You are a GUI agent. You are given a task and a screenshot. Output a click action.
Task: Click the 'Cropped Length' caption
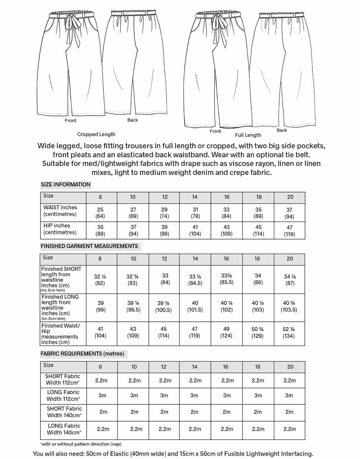coord(96,135)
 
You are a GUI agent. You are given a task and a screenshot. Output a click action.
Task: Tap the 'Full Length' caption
coord(248,135)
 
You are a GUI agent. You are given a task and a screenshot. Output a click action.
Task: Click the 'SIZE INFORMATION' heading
coord(66,185)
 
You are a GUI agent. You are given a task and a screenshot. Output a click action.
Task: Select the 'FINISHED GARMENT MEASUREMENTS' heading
coord(89,246)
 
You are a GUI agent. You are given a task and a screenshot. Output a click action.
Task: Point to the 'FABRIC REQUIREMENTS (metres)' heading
coord(82,354)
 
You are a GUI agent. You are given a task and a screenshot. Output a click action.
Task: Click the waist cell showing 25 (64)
coord(100,213)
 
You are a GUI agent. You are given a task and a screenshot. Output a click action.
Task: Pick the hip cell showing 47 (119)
coord(289,231)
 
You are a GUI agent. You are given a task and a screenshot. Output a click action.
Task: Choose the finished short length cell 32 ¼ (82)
coord(100,280)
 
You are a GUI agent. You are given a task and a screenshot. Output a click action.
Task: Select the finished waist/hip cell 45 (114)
coord(164,332)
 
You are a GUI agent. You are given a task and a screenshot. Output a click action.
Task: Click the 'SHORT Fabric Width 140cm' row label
coord(64,412)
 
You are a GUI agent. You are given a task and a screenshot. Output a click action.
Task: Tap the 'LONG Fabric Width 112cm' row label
coord(63,395)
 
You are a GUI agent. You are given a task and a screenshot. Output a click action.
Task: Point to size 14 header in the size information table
coord(194,197)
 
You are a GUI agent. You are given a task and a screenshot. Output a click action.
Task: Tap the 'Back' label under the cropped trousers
coord(132,120)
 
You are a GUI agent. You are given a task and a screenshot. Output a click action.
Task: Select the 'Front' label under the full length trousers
coord(215,131)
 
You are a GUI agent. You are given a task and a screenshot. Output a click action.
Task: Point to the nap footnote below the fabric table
coord(81,444)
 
